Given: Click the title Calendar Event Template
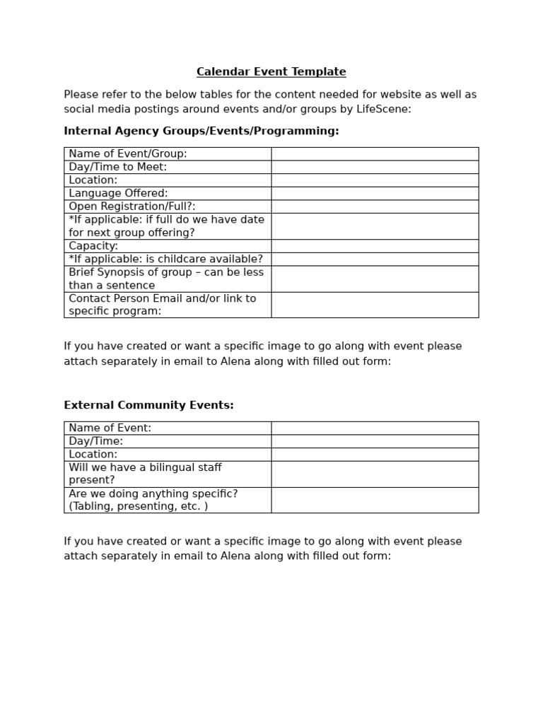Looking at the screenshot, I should pyautogui.click(x=271, y=72).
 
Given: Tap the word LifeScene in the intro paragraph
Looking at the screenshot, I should pyautogui.click(x=387, y=109).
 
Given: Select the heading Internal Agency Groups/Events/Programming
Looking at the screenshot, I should pyautogui.click(x=202, y=131).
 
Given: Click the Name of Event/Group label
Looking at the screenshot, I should pyautogui.click(x=128, y=153).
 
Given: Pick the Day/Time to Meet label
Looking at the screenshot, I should pyautogui.click(x=118, y=167).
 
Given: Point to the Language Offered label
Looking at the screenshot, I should pyautogui.click(x=118, y=193).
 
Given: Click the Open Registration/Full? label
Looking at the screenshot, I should pyautogui.click(x=132, y=206).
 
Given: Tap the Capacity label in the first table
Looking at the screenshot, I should pyautogui.click(x=93, y=246).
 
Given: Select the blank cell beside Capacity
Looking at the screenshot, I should pyautogui.click(x=375, y=246).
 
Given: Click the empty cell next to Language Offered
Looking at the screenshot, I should pyautogui.click(x=375, y=193).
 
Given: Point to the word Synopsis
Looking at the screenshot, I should pyautogui.click(x=124, y=272).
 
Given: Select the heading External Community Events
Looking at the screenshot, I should pyautogui.click(x=148, y=405).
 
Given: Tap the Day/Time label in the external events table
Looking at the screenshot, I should pyautogui.click(x=96, y=441).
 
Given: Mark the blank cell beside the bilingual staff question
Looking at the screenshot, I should pyautogui.click(x=375, y=474).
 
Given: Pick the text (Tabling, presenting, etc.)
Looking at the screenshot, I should pyautogui.click(x=139, y=506).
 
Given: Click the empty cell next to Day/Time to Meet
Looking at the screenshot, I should pyautogui.click(x=375, y=167).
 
